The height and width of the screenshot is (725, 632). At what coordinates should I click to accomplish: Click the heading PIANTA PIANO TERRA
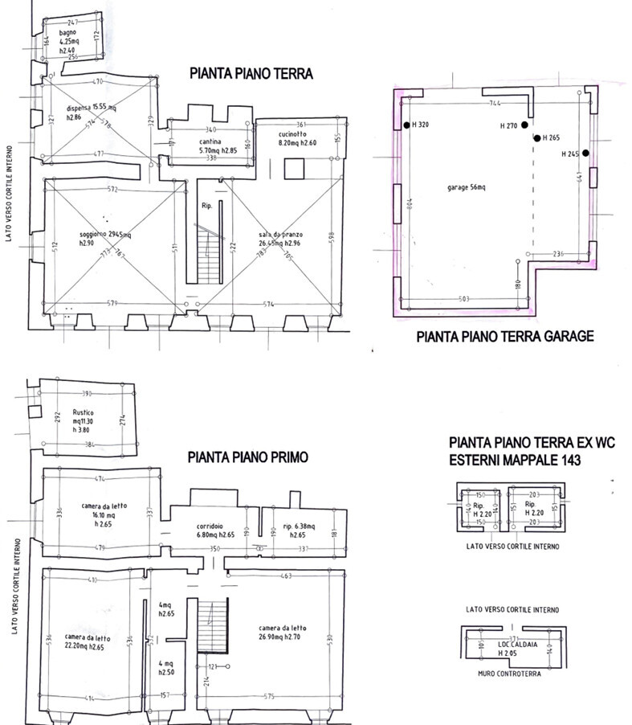click(251, 73)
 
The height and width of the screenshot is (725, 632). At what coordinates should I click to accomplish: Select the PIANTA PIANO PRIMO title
click(247, 457)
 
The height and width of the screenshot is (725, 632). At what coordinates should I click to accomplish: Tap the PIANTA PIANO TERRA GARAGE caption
click(505, 336)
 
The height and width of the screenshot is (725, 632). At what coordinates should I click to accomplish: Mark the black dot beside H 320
click(407, 125)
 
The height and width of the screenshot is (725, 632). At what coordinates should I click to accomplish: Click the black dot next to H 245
click(586, 153)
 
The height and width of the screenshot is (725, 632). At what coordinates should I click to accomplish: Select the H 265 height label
click(551, 138)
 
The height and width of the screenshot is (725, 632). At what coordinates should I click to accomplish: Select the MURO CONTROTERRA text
click(508, 674)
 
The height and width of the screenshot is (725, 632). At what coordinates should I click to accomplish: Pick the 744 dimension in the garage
click(495, 104)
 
